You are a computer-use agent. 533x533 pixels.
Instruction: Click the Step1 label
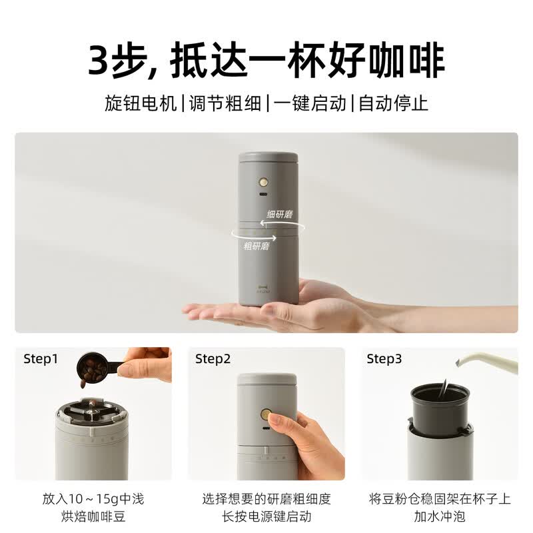41,359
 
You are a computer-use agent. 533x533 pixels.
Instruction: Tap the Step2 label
213,359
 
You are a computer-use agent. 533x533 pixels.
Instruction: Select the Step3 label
384,359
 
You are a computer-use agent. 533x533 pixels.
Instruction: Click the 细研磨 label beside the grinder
279,214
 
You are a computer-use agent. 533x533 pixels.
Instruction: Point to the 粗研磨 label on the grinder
257,246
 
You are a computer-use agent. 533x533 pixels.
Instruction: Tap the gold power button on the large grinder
263,182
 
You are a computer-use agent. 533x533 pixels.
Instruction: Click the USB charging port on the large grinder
263,195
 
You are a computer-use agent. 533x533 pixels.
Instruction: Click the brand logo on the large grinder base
263,289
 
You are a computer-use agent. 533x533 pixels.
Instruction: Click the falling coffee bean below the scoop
83,384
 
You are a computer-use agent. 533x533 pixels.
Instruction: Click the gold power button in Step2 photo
266,414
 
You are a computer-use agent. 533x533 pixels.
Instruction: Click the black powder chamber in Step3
440,406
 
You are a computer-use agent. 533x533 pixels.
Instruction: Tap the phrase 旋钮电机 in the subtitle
141,103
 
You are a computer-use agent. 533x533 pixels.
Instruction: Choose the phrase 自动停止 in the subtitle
393,103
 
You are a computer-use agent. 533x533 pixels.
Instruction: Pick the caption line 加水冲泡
440,516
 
